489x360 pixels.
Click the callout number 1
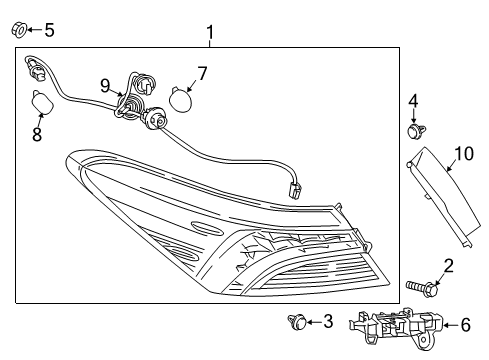[209, 36]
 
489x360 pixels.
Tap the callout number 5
[49, 29]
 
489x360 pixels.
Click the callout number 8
[37, 133]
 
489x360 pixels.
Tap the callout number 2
[448, 265]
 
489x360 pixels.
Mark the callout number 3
[328, 321]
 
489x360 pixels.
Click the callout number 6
[464, 324]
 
